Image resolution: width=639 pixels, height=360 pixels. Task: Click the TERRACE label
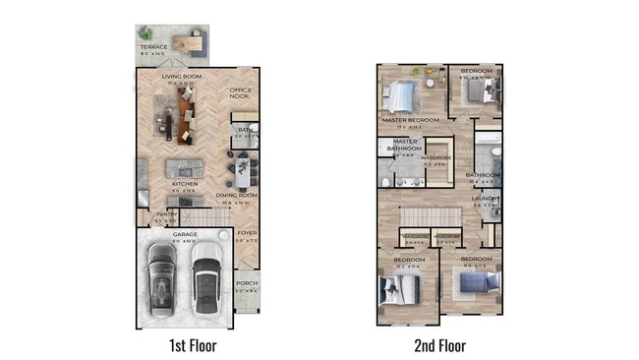(152, 46)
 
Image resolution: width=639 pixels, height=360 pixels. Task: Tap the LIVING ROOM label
(181, 76)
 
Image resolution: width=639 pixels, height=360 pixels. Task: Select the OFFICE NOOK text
(241, 92)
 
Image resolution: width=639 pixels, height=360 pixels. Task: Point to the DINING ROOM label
(236, 195)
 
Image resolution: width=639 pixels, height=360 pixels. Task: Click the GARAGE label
(186, 234)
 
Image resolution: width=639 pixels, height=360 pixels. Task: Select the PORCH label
(247, 283)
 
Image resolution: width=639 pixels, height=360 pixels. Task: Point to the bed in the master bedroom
(401, 95)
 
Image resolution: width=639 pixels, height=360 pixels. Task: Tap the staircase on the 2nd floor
(433, 215)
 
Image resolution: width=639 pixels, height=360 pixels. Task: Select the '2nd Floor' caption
(438, 345)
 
